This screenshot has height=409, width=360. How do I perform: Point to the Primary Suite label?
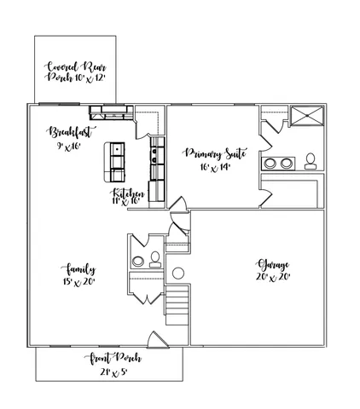216,154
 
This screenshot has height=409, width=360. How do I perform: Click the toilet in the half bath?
155,259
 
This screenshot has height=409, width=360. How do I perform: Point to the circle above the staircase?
178,274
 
